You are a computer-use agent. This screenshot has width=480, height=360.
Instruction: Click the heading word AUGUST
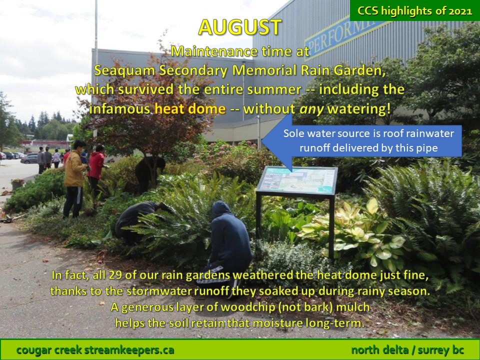[x=239, y=27]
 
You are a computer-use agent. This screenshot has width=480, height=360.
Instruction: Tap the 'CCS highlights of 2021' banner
[x=415, y=10]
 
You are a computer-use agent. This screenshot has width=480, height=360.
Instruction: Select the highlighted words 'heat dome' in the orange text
[x=190, y=108]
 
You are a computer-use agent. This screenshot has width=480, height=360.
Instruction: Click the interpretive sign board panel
[x=297, y=180]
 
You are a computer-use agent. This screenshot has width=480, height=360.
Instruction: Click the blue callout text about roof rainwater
[x=368, y=141]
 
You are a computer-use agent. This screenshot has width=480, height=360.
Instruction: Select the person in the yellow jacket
[x=74, y=179]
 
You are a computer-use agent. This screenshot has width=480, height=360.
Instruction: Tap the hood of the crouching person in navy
[x=221, y=209]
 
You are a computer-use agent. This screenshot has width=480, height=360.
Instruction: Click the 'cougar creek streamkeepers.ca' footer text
[x=95, y=350]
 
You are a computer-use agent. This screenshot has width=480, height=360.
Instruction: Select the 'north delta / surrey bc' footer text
[x=407, y=350]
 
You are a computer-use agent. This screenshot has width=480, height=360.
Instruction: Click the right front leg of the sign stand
[x=331, y=227]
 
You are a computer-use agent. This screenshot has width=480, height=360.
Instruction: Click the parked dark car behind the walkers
[x=29, y=159]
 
